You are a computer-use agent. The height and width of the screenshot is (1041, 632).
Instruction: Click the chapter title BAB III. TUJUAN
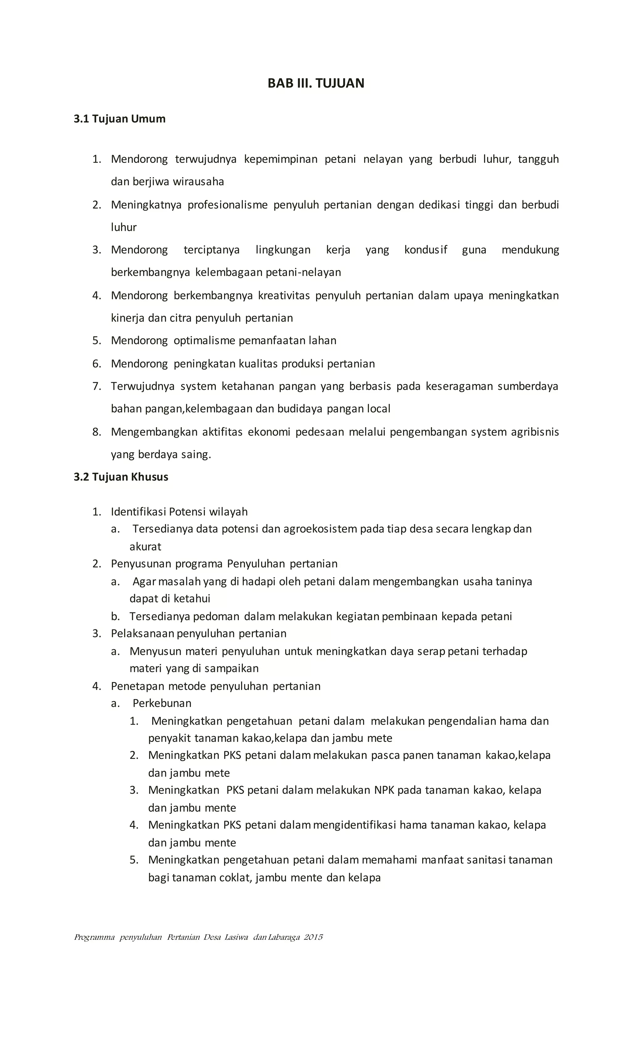point(316,83)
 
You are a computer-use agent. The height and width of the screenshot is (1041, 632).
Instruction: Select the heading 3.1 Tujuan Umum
point(119,119)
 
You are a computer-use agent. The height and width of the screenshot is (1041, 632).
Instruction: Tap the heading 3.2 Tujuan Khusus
point(121,477)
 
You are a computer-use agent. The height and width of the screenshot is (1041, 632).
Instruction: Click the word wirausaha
point(198,182)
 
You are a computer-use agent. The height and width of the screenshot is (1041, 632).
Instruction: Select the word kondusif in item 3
point(426,250)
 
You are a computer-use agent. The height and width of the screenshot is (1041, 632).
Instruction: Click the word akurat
point(145,547)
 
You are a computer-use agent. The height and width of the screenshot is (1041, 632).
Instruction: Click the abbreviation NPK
point(384,790)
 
